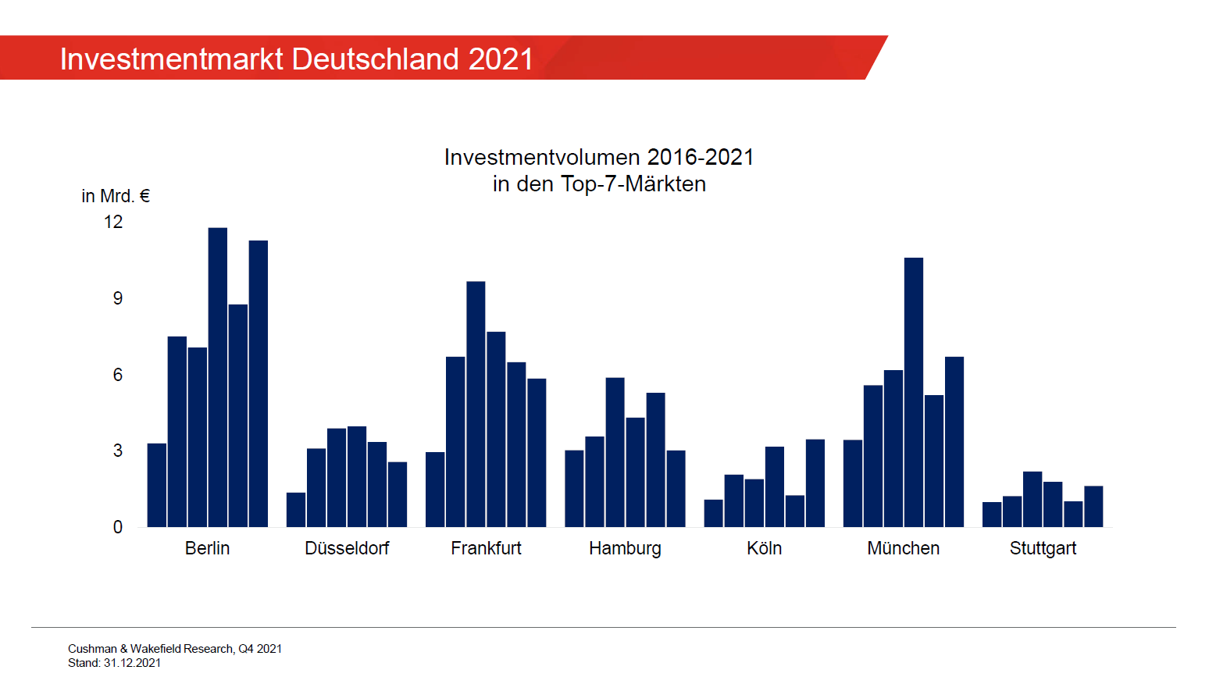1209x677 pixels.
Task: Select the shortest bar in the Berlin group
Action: [x=156, y=485]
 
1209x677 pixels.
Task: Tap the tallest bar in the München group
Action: [x=913, y=392]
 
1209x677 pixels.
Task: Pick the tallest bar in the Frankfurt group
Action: [x=476, y=404]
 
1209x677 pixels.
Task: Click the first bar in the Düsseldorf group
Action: [x=296, y=509]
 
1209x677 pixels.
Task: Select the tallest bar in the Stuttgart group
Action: [x=1032, y=499]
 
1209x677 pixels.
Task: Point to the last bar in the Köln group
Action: [x=815, y=483]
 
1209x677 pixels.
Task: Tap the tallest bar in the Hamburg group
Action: [x=615, y=452]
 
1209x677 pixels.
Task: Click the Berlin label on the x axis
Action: [x=207, y=548]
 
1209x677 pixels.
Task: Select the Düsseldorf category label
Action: [x=347, y=548]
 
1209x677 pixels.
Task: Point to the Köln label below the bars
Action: [x=764, y=548]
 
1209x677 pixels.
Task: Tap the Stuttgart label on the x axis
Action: [x=1042, y=548]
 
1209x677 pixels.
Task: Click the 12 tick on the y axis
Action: [x=113, y=222]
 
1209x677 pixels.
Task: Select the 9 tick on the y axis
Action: [x=118, y=298]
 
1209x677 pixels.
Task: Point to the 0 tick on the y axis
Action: [x=118, y=527]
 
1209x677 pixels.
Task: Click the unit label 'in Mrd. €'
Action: [x=116, y=196]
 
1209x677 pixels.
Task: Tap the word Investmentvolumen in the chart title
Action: [x=542, y=157]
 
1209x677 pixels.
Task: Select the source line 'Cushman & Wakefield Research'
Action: [x=151, y=649]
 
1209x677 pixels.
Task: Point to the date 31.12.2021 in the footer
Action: [x=132, y=663]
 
